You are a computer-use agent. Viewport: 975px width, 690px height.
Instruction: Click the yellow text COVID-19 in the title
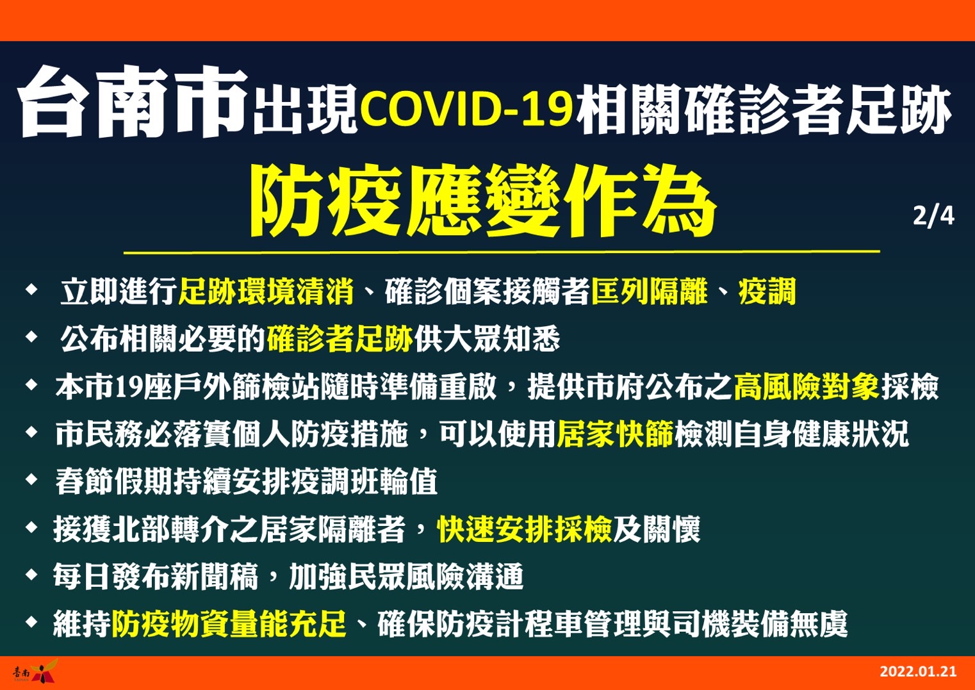[x=466, y=108]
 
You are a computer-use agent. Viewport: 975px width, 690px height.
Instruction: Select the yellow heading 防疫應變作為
[x=483, y=201]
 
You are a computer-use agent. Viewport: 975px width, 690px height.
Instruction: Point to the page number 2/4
[x=933, y=217]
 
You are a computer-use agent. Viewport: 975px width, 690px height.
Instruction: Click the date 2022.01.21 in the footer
[x=918, y=671]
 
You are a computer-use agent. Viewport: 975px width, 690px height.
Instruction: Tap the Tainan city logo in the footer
[x=35, y=671]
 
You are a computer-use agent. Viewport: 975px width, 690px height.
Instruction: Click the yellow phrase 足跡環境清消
[x=266, y=292]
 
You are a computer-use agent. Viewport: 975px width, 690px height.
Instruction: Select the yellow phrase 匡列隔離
[x=649, y=292]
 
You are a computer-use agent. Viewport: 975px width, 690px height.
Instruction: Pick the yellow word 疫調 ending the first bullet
[x=767, y=292]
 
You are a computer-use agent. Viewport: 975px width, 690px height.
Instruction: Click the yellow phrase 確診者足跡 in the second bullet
[x=340, y=339]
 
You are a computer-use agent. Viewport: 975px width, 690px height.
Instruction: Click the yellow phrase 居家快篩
[x=615, y=434]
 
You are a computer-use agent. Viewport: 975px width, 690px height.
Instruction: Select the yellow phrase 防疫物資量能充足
[x=229, y=623]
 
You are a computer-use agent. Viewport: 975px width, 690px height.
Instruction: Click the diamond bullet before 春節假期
[x=32, y=480]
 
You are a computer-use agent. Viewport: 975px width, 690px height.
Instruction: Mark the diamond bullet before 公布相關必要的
[x=32, y=336]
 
